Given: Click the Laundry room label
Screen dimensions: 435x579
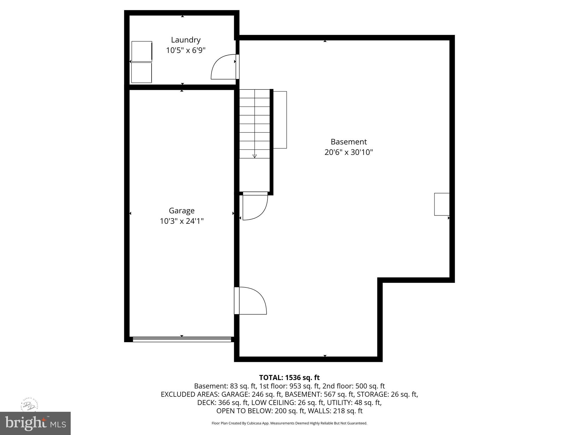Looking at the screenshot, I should pos(186,40).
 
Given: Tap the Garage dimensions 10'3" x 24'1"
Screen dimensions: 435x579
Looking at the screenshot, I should pos(182,221).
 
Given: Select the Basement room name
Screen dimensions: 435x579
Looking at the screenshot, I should pos(349,142).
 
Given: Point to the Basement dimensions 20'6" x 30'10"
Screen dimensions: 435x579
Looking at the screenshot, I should pos(349,152).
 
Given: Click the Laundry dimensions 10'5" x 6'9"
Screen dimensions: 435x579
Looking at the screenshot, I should pos(186,50).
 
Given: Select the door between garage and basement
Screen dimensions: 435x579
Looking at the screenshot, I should pos(250,300).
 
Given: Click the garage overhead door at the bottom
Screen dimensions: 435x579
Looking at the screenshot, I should pos(182,339).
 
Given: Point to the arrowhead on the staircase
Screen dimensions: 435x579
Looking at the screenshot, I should pos(254,156).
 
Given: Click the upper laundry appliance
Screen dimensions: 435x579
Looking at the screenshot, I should pos(142,51).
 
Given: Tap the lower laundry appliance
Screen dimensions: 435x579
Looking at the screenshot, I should pos(141,72).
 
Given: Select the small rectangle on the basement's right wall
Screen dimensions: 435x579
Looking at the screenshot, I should pos(442,204).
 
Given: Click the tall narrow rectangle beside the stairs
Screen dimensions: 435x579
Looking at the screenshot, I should pos(280,120).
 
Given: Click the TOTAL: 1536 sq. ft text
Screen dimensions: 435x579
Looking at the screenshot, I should pos(289,378).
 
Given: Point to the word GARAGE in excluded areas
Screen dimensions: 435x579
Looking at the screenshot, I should pos(234,394).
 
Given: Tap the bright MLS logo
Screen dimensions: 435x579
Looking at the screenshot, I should pos(35,423).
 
